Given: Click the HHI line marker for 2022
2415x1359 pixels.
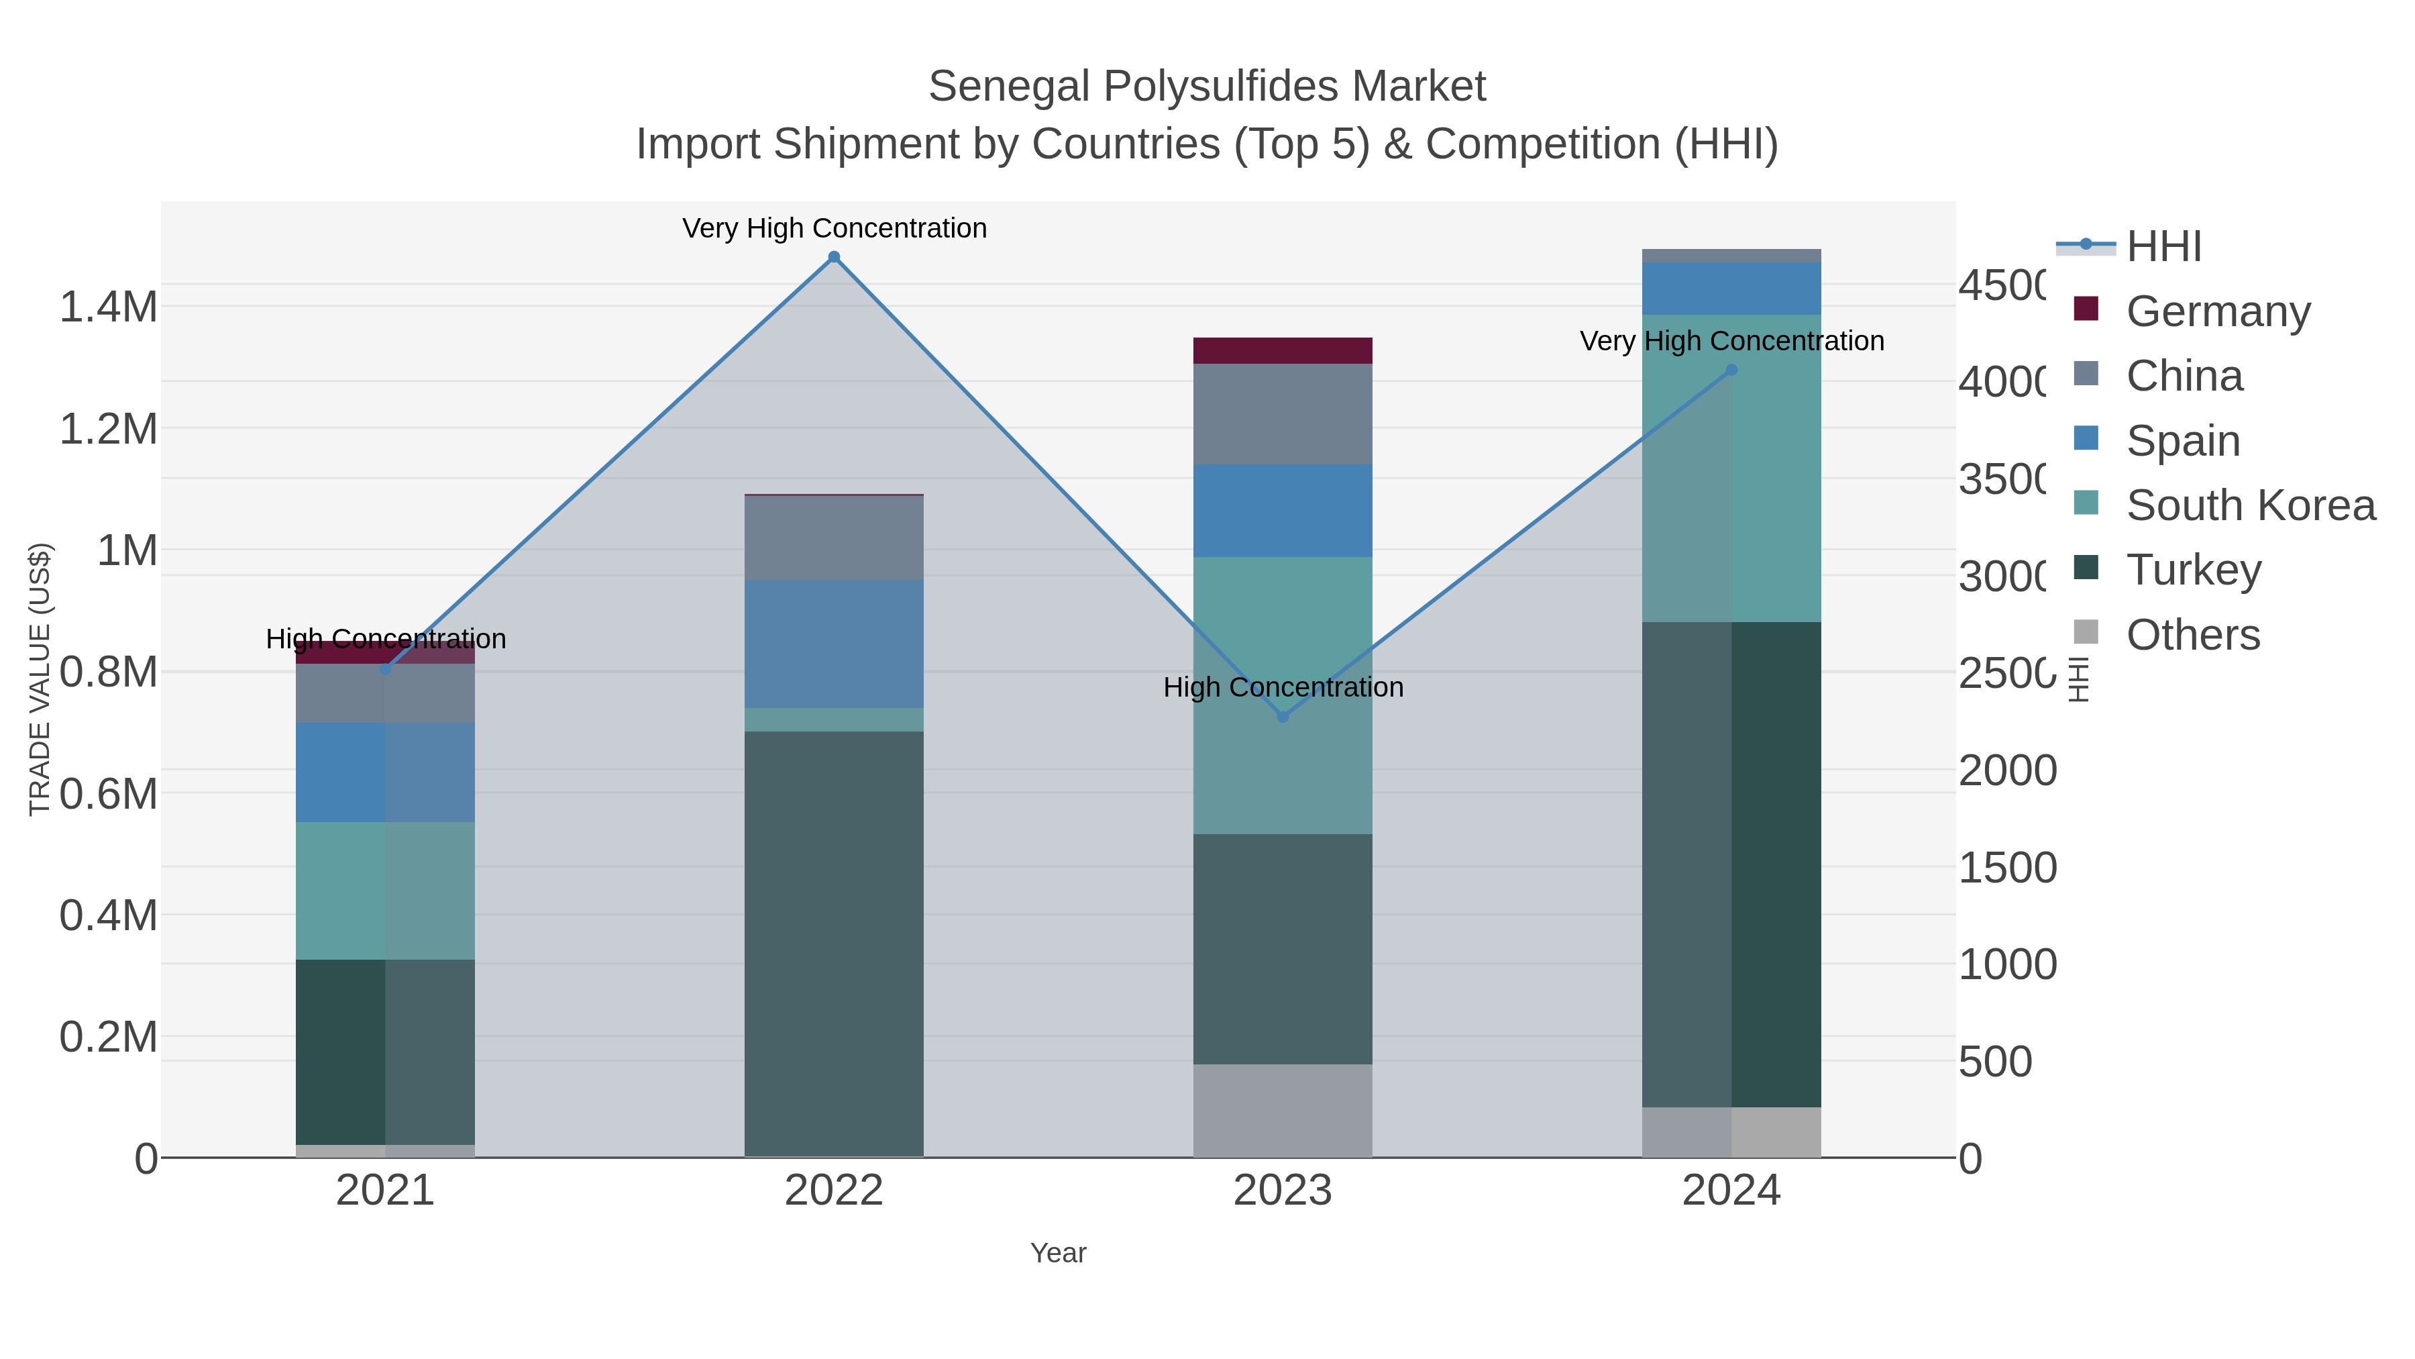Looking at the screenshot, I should click(833, 257).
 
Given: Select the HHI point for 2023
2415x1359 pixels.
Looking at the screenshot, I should click(1283, 717).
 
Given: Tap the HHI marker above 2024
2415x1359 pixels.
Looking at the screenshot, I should click(1731, 370).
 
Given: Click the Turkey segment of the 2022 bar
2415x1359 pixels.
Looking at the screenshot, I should click(833, 943).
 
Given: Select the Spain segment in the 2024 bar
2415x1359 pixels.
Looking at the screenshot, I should click(1731, 289).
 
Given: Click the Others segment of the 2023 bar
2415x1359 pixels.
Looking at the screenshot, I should click(1283, 1111).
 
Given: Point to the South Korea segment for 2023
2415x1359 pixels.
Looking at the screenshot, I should click(1283, 695).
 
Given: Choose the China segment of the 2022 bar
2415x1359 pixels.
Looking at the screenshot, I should click(833, 538).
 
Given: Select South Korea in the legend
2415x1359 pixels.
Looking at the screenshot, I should click(2250, 505).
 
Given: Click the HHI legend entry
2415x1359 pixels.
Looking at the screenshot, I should click(2163, 247).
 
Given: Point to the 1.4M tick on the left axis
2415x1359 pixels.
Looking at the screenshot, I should click(108, 307).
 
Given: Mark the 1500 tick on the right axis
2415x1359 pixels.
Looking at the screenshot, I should click(2007, 868).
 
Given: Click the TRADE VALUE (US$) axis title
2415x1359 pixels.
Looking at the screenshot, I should click(40, 679).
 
